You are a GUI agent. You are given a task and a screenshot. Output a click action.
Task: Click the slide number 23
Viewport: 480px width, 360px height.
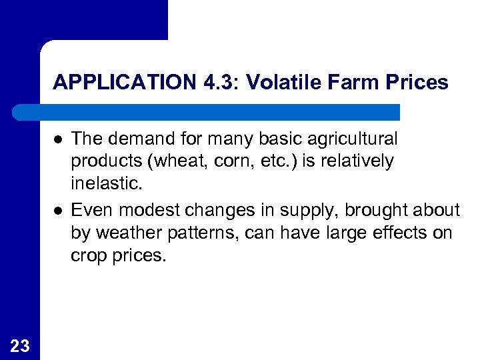20,345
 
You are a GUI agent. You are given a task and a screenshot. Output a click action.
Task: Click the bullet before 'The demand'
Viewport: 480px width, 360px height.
58,139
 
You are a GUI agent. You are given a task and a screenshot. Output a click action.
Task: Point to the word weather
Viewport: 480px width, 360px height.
128,233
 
